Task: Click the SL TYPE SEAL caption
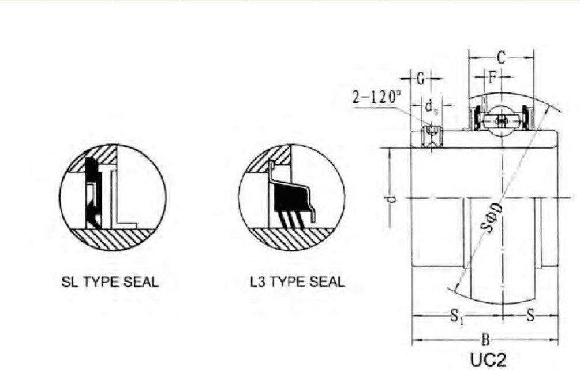(x=110, y=283)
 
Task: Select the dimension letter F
(x=492, y=76)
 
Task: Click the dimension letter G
(x=421, y=77)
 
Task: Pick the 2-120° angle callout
(x=377, y=97)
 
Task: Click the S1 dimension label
(x=456, y=316)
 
